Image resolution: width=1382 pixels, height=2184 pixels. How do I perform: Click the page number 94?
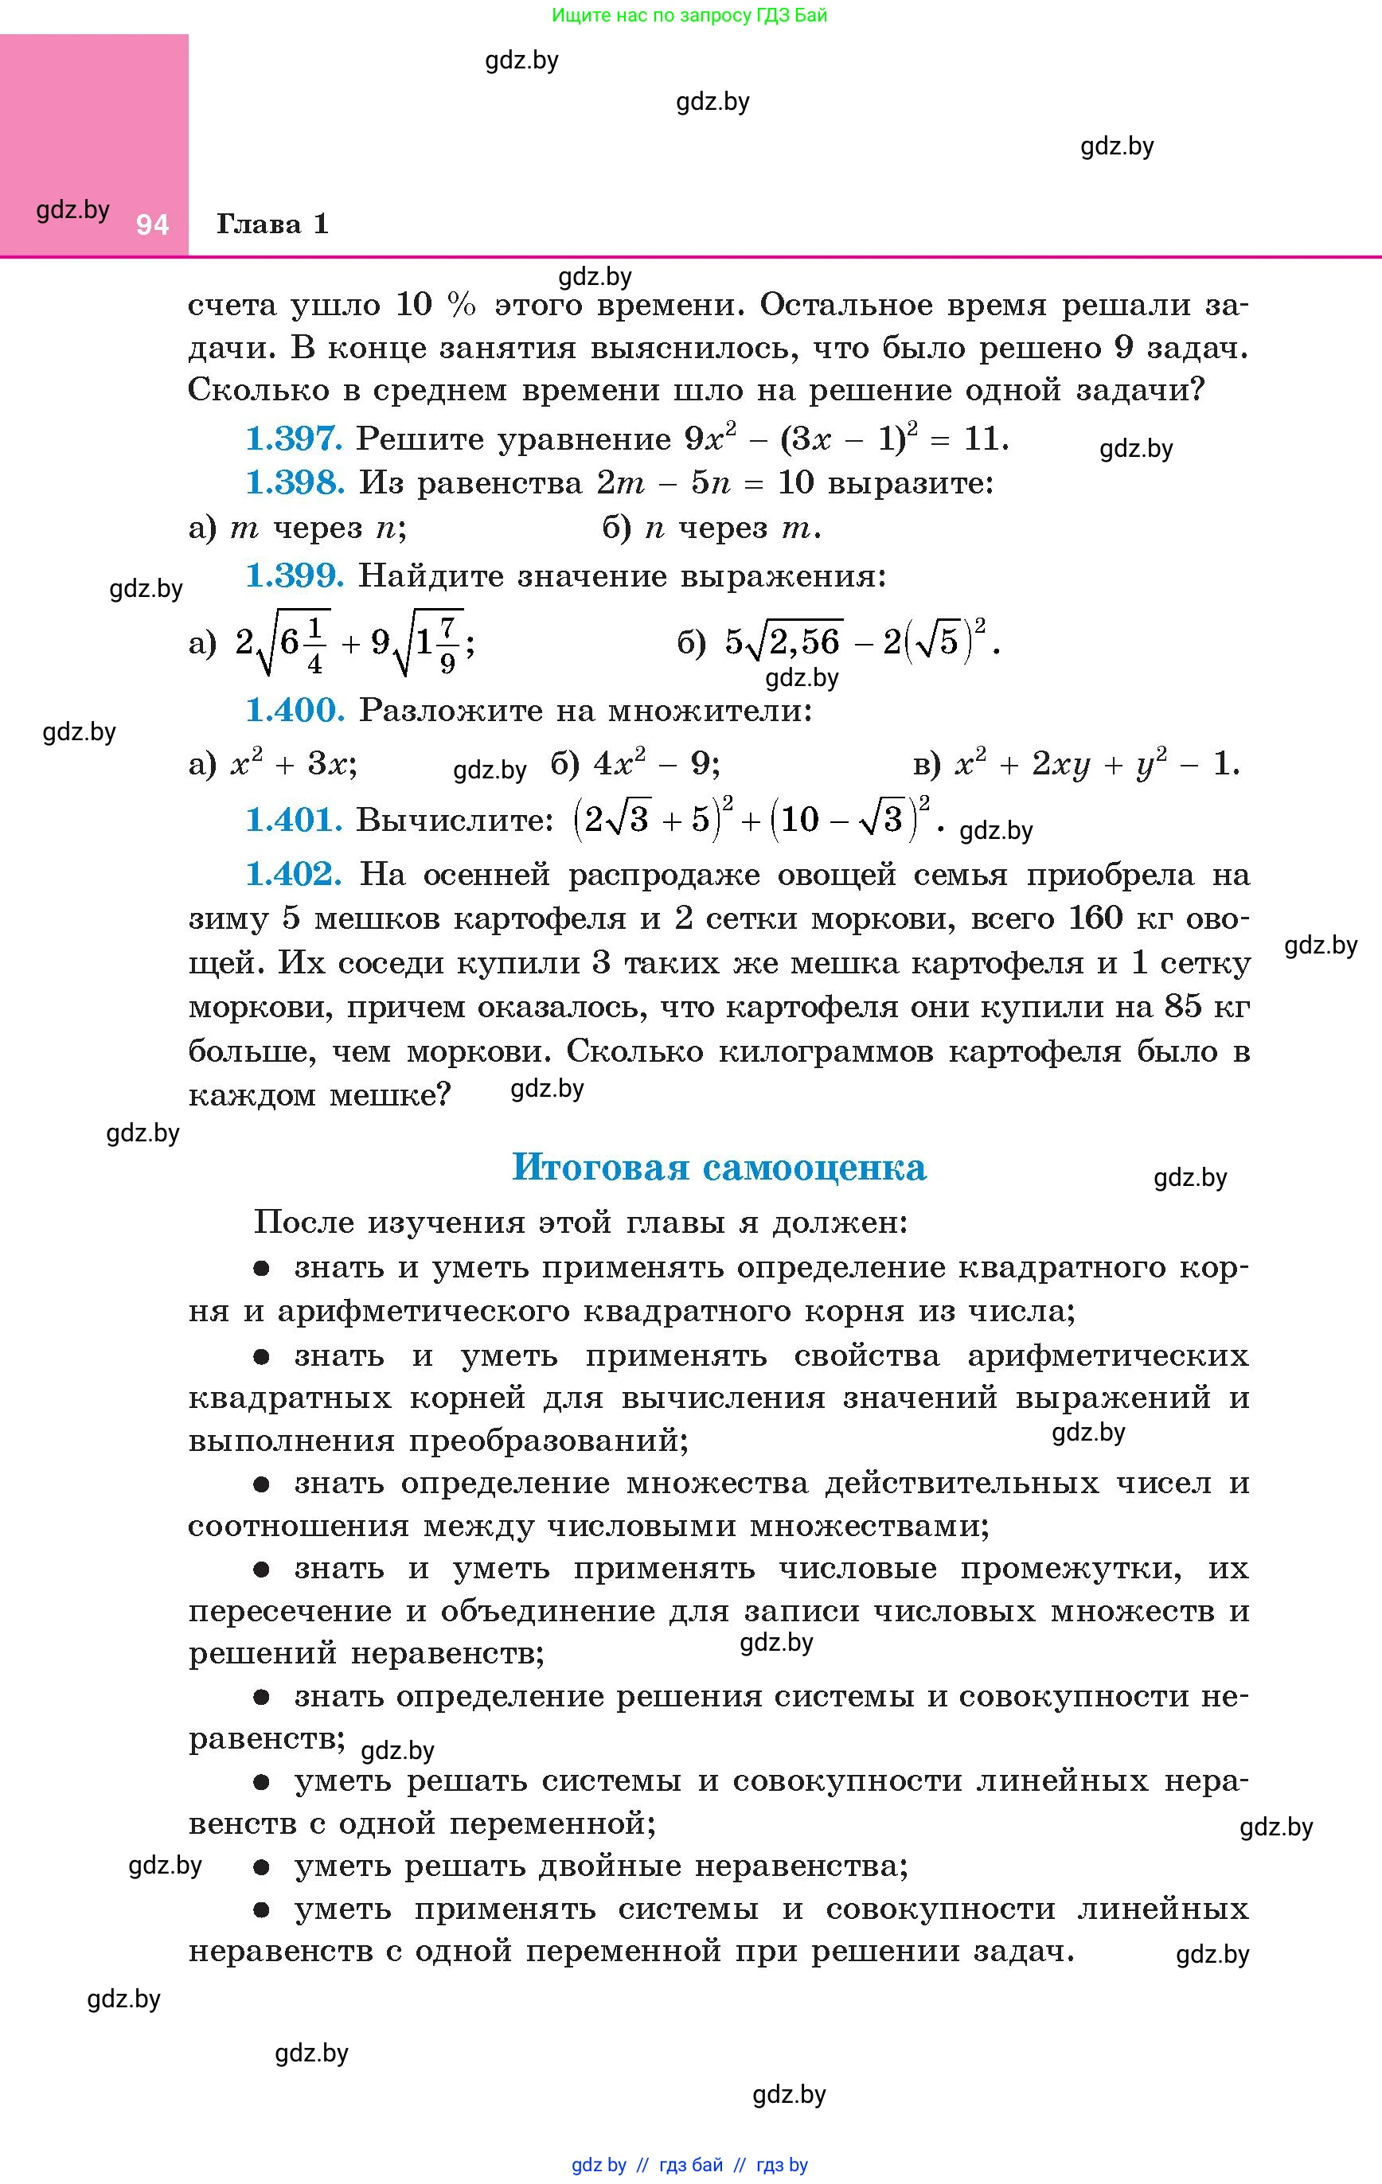[x=152, y=225]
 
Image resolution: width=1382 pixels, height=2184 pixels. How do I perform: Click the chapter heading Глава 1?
[x=272, y=224]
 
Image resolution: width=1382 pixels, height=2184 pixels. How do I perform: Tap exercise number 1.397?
[x=294, y=439]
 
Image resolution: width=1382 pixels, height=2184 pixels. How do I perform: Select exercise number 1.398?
[x=295, y=482]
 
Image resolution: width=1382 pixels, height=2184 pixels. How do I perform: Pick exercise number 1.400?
[x=295, y=710]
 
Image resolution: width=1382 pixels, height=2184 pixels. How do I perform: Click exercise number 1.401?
[x=294, y=820]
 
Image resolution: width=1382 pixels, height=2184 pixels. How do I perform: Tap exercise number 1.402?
[x=294, y=875]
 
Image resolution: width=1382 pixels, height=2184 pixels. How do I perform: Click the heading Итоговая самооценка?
[x=719, y=1168]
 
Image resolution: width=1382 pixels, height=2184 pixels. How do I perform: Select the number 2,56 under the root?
[x=806, y=642]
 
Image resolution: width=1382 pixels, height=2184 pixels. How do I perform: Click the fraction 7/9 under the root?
[x=447, y=645]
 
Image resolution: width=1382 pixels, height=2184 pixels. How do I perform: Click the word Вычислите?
[x=455, y=820]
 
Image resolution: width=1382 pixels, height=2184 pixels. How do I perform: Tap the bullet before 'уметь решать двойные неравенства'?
[x=262, y=1866]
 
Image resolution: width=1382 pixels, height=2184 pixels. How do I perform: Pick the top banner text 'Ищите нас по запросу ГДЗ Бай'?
[x=689, y=15]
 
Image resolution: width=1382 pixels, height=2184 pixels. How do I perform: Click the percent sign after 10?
[x=462, y=306]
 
